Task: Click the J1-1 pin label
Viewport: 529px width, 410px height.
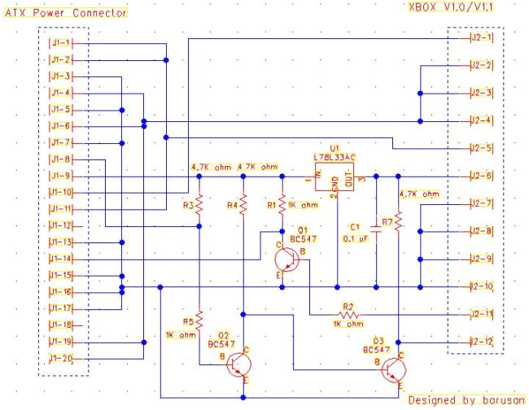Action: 61,42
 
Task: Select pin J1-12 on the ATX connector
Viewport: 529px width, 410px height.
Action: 61,225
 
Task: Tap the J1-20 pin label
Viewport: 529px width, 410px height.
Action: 61,358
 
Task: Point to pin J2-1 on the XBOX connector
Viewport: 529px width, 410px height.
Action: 481,37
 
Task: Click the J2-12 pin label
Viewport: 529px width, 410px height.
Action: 481,342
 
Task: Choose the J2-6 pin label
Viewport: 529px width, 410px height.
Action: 481,176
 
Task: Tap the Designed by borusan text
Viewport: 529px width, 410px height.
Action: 465,400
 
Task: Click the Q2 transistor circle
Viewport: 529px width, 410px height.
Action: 238,365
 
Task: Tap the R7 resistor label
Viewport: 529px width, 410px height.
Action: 387,221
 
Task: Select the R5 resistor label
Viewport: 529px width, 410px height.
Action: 187,321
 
